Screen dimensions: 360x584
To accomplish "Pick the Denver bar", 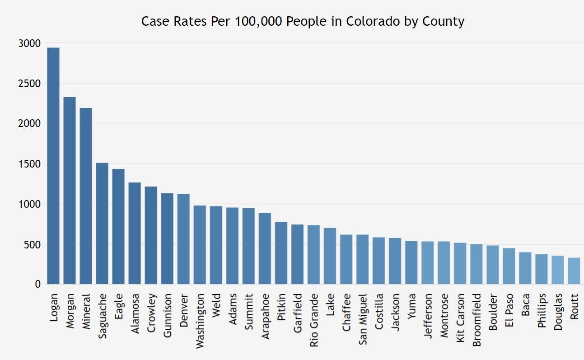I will click(x=183, y=239).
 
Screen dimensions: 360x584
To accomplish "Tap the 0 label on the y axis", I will click(x=38, y=285).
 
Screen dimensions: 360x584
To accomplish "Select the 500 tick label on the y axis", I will click(x=32, y=244).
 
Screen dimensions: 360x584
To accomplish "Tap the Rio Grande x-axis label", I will click(x=314, y=320).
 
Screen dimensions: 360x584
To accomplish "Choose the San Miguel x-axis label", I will click(x=363, y=319).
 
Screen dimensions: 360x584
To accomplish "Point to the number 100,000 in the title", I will click(x=259, y=21).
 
